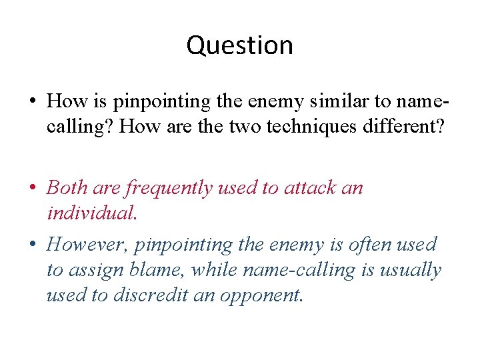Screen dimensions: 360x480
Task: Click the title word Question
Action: [239, 45]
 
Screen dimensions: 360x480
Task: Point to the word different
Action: [403, 127]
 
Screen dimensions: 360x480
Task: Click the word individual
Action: [91, 213]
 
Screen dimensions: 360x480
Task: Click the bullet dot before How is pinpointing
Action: [31, 102]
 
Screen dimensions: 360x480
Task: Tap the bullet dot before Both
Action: [31, 188]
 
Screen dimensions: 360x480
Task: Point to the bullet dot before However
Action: [31, 245]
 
